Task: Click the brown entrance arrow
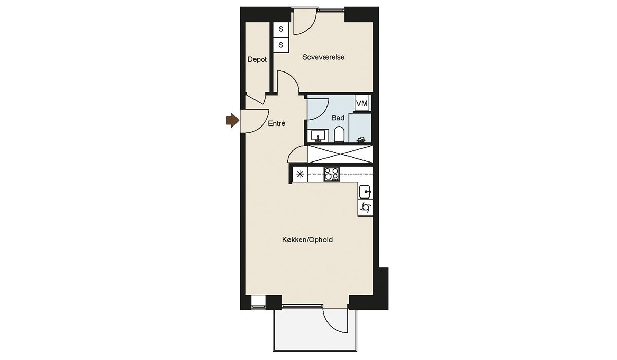tap(232, 121)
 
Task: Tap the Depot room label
tap(257, 59)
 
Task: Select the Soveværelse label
tap(323, 57)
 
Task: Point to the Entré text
tap(277, 123)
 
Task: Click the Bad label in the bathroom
tap(338, 118)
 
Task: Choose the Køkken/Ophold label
tap(307, 240)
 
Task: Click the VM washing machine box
tap(361, 103)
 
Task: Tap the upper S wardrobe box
tap(281, 29)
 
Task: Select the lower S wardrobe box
tap(281, 45)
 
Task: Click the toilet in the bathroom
tap(339, 134)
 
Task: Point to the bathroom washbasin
tap(319, 136)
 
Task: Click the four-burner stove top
tap(332, 174)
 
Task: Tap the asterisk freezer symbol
tap(300, 174)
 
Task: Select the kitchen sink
tap(366, 191)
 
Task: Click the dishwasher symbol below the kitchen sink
tap(366, 207)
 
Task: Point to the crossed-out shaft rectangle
tap(340, 154)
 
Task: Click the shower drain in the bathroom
tap(361, 140)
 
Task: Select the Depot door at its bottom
tap(255, 99)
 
